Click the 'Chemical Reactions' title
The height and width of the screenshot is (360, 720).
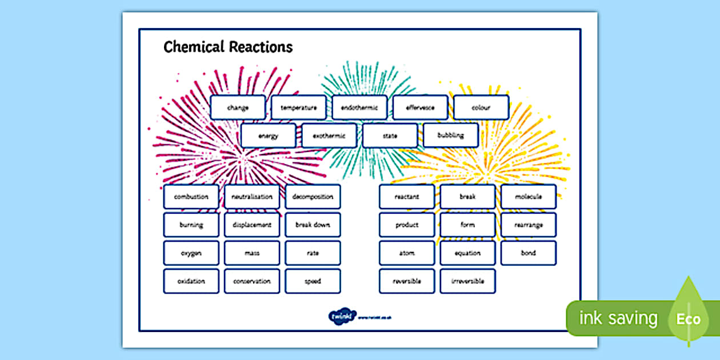pyautogui.click(x=228, y=47)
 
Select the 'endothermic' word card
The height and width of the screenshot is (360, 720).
pyautogui.click(x=359, y=107)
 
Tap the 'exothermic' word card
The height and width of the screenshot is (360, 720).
pyautogui.click(x=329, y=136)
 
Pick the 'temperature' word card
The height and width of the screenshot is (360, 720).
pyautogui.click(x=299, y=107)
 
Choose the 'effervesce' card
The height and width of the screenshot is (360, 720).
pyautogui.click(x=420, y=107)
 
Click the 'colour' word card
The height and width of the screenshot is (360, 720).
pyautogui.click(x=481, y=107)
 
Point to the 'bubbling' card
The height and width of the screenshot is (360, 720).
pyautogui.click(x=450, y=136)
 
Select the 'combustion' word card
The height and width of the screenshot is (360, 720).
pyautogui.click(x=191, y=197)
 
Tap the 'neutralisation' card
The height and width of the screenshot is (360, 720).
pyautogui.click(x=252, y=197)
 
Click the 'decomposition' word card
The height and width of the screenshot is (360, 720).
pyautogui.click(x=313, y=197)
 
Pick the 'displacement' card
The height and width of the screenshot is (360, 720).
pyautogui.click(x=252, y=225)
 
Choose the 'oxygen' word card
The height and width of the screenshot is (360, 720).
pyautogui.click(x=191, y=253)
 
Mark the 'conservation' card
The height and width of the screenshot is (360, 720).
pyautogui.click(x=252, y=281)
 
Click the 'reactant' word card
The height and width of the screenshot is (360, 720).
pyautogui.click(x=407, y=197)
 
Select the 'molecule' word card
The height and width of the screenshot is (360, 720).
pyautogui.click(x=529, y=197)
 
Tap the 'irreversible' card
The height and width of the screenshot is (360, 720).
pyautogui.click(x=467, y=281)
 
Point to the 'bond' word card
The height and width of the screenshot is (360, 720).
pyautogui.click(x=529, y=253)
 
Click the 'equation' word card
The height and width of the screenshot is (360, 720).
pyautogui.click(x=467, y=253)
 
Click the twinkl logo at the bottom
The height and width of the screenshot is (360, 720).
pyautogui.click(x=342, y=316)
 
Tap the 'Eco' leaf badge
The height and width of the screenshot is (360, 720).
pyautogui.click(x=688, y=318)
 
